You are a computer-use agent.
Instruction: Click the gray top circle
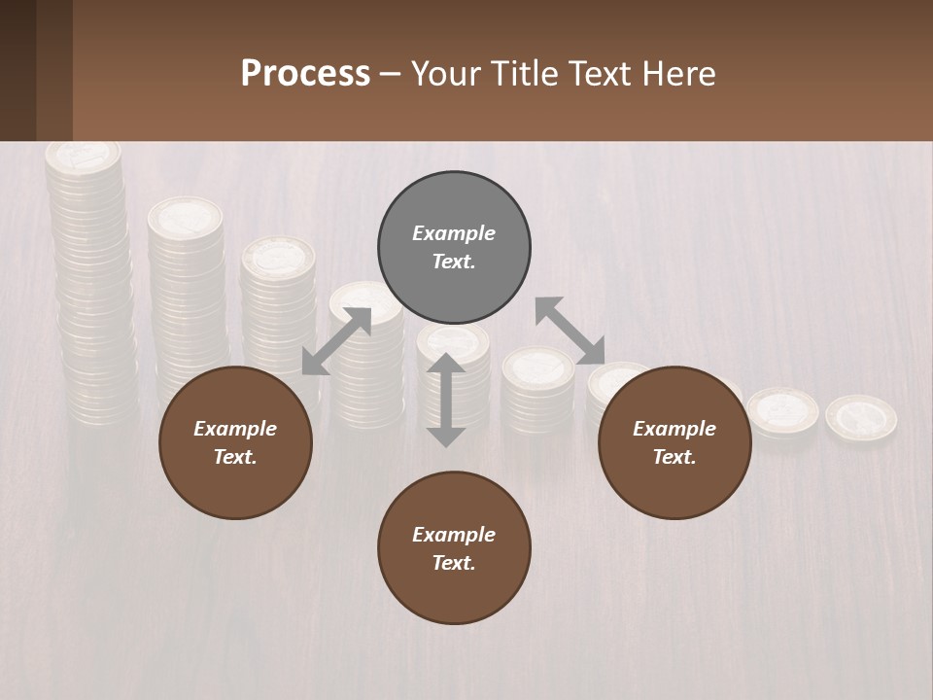point(454,248)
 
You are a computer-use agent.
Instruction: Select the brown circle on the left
point(235,443)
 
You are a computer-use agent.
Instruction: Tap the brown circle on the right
point(674,443)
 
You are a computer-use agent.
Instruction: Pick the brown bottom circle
point(454,548)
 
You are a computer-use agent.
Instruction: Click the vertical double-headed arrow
point(446,400)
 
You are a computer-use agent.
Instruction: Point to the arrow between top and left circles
point(336,341)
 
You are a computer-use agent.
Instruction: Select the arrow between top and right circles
point(570,331)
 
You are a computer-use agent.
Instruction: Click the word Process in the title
point(305,74)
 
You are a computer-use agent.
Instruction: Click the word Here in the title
point(679,74)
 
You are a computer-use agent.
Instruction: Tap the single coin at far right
point(861,417)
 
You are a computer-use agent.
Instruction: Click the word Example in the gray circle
point(454,233)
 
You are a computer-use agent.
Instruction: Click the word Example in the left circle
point(235,429)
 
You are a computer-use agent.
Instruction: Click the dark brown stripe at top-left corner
point(17,70)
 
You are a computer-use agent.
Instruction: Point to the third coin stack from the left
point(279,301)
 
